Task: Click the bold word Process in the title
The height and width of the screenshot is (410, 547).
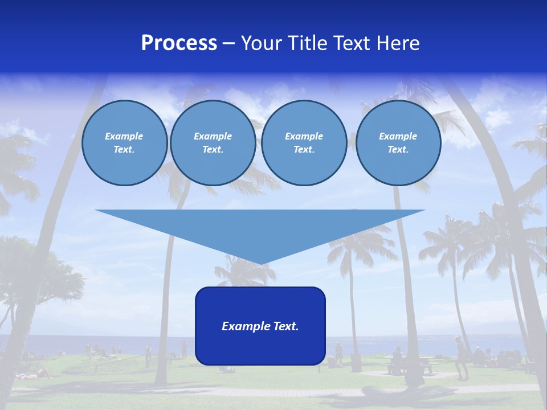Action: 179,43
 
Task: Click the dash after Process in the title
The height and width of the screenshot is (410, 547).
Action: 228,44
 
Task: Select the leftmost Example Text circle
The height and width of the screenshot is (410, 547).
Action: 124,142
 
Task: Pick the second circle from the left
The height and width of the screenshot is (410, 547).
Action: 213,142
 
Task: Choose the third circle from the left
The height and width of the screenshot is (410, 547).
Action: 304,142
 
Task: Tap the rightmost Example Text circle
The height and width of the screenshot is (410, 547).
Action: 398,142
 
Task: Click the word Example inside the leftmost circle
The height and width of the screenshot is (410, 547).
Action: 124,136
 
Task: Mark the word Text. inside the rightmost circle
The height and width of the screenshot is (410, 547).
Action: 398,149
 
